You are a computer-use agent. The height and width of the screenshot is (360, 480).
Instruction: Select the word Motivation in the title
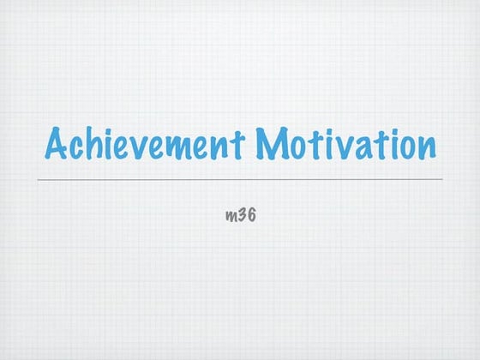pos(345,145)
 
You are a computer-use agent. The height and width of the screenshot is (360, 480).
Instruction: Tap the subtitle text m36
pos(240,213)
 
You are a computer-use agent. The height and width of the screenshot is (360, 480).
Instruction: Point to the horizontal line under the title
pos(240,179)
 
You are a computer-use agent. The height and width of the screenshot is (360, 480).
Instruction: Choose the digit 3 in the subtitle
pos(242,213)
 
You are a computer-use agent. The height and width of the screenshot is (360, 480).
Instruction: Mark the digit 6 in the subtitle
pos(252,213)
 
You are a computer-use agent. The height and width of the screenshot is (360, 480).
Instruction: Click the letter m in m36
pos(230,215)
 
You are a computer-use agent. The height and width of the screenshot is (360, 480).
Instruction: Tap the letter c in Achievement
pos(79,147)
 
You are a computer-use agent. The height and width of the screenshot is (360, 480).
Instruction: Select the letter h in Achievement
pos(96,144)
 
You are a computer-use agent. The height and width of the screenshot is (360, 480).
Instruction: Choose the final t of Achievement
pos(239,145)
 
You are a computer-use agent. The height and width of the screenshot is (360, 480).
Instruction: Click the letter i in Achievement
pos(110,144)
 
